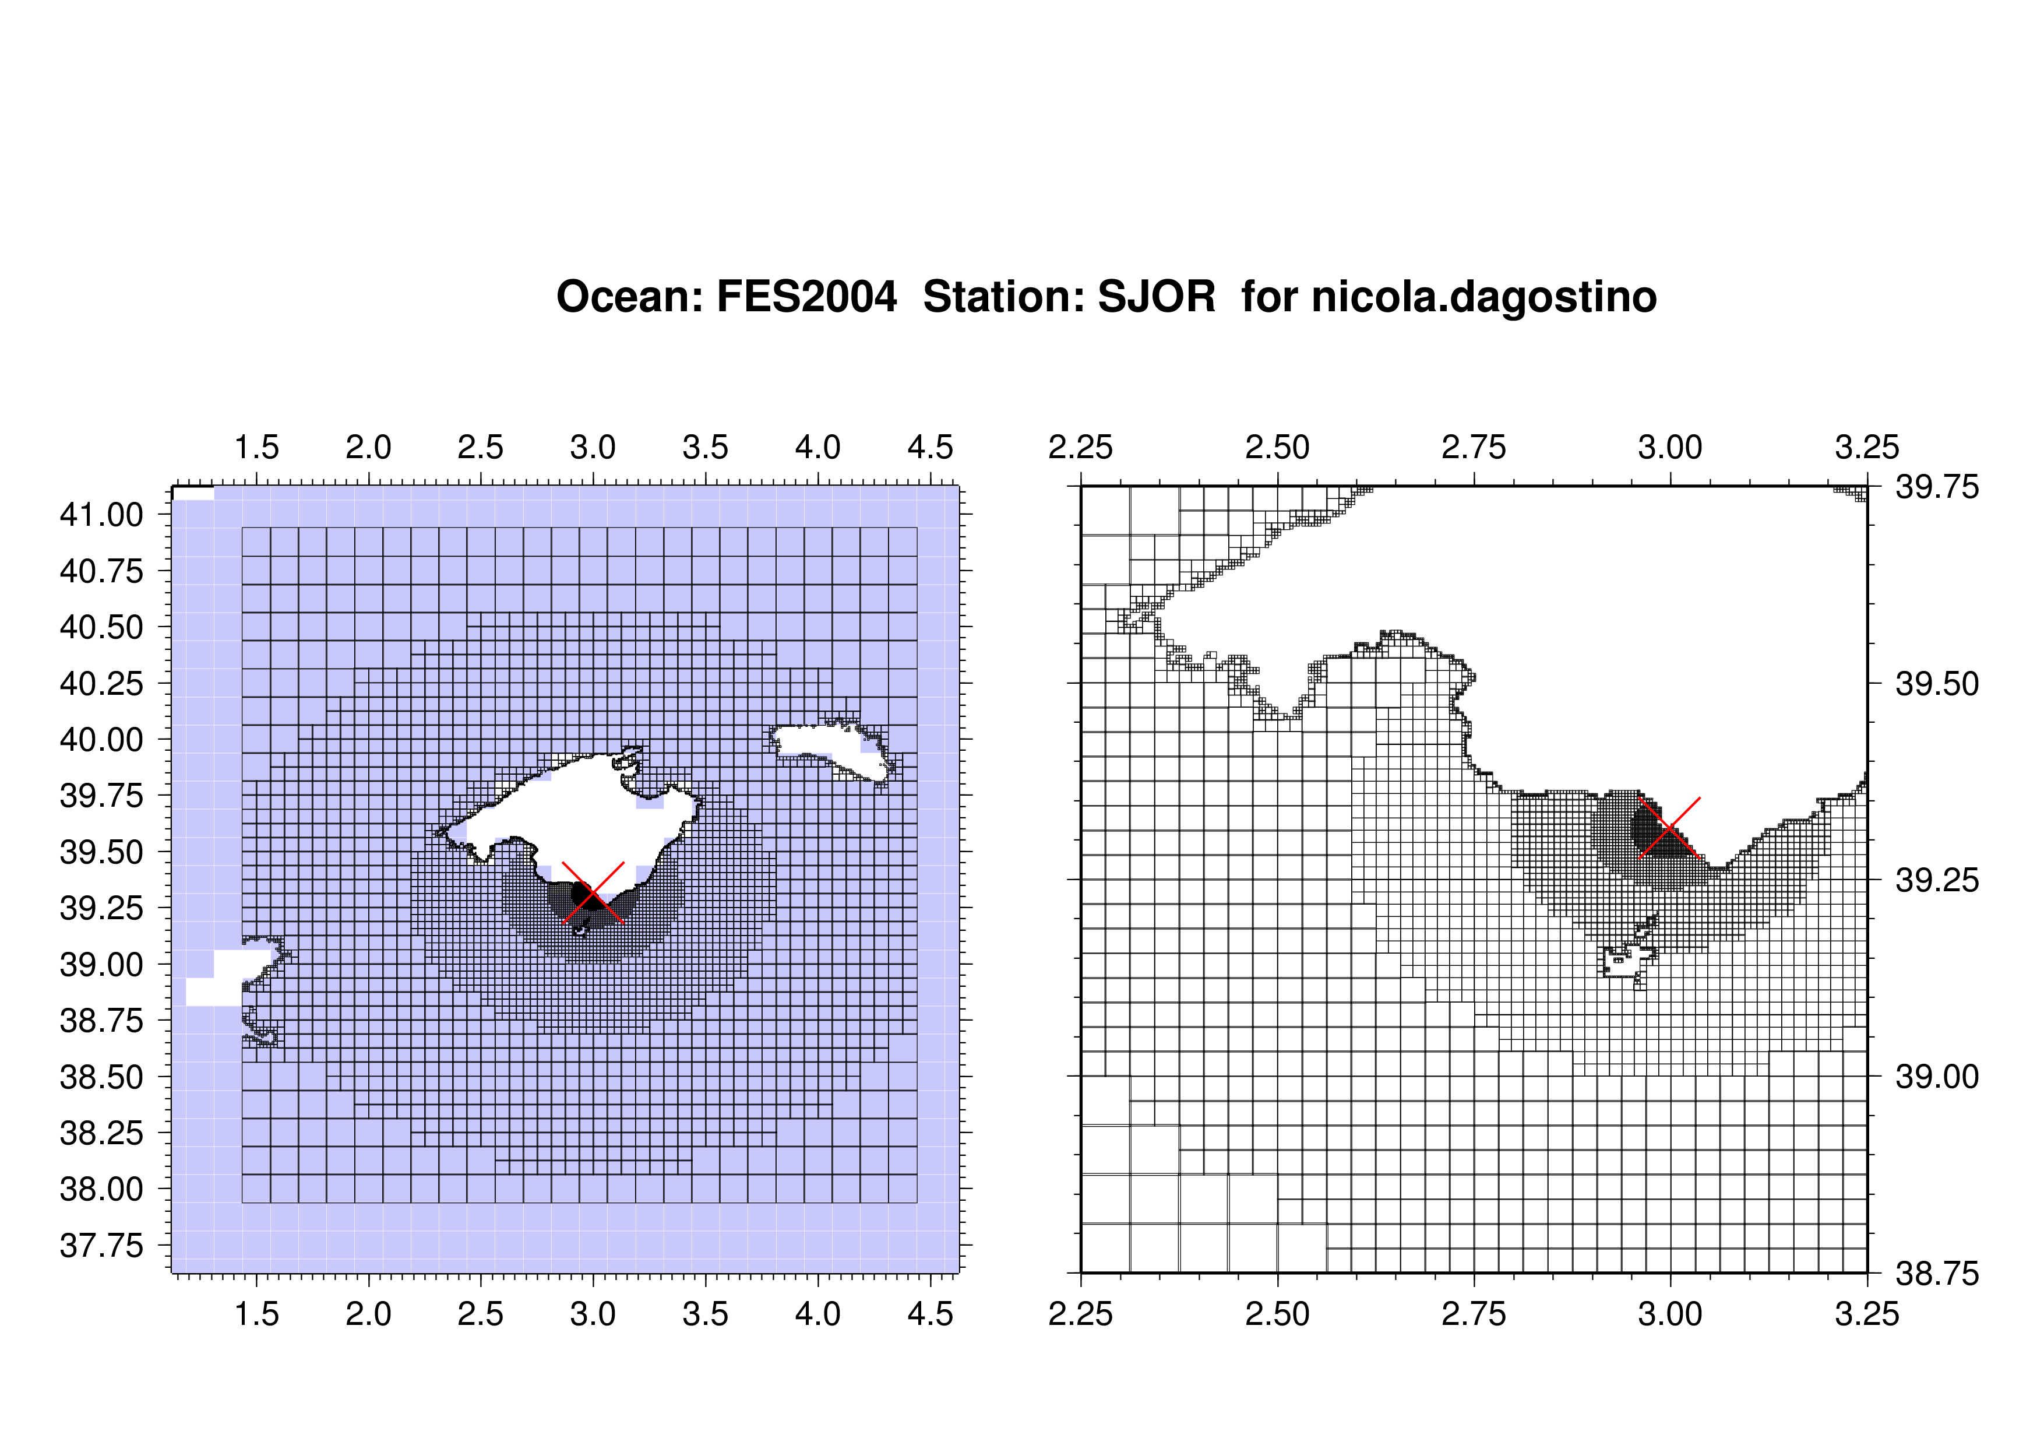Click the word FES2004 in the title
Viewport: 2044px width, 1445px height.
pyautogui.click(x=806, y=297)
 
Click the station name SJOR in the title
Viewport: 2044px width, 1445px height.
pyautogui.click(x=1157, y=297)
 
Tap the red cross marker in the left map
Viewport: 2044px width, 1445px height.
pyautogui.click(x=593, y=892)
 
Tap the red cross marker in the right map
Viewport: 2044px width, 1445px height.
pyautogui.click(x=1670, y=828)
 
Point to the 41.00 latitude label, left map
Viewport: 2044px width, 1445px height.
pyautogui.click(x=101, y=515)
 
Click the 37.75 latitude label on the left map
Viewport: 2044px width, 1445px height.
pyautogui.click(x=101, y=1246)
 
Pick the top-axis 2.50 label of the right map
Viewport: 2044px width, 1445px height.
pyautogui.click(x=1277, y=447)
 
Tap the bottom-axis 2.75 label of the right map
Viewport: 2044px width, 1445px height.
pyautogui.click(x=1474, y=1314)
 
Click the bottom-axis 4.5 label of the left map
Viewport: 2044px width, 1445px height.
pyautogui.click(x=931, y=1314)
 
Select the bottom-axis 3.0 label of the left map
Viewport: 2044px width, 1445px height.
pyautogui.click(x=593, y=1314)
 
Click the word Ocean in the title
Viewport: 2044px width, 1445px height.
pyautogui.click(x=627, y=297)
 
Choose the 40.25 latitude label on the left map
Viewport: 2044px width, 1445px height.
pyautogui.click(x=101, y=684)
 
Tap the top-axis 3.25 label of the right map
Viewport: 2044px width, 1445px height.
pyautogui.click(x=1867, y=447)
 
